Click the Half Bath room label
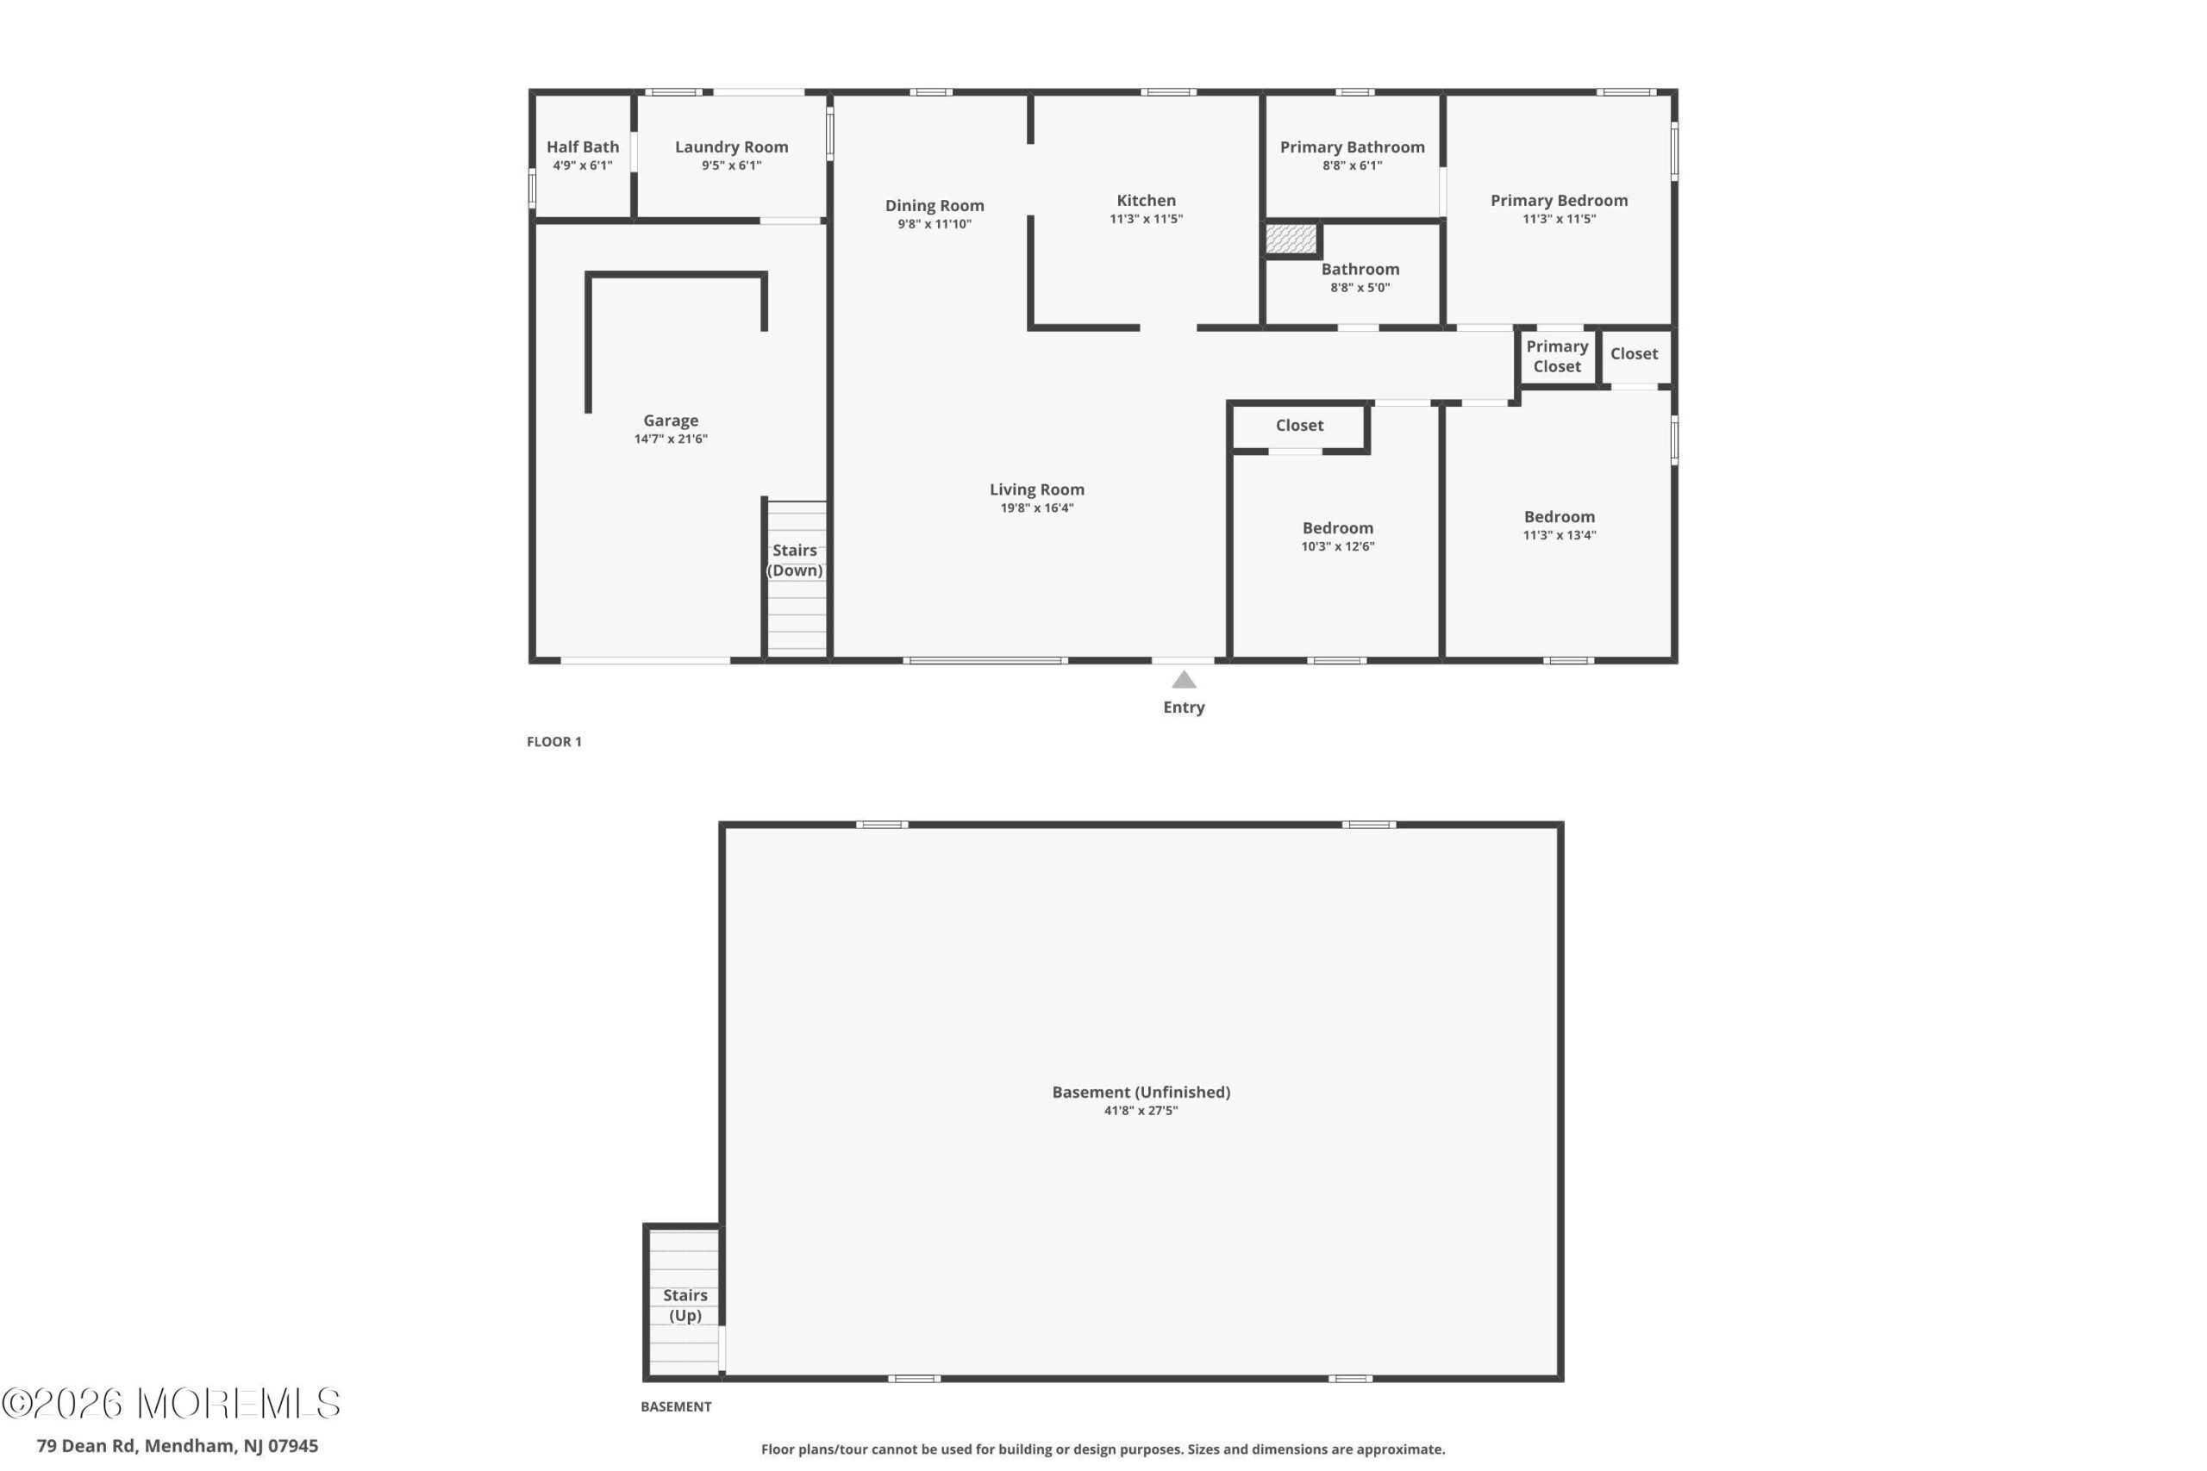583,147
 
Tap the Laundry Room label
731,147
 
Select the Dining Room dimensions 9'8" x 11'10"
934,224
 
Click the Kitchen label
1146,201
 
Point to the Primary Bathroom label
1352,147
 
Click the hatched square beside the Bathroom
1291,239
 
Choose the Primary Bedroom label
1559,201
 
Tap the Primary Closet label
1557,357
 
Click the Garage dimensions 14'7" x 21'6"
670,439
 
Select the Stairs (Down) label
795,560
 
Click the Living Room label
1037,489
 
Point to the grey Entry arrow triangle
1184,680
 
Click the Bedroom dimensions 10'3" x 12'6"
1337,547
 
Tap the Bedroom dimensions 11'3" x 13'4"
1559,536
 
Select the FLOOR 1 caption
553,742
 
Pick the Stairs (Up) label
685,1305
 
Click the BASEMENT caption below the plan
676,1406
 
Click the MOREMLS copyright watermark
171,1404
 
